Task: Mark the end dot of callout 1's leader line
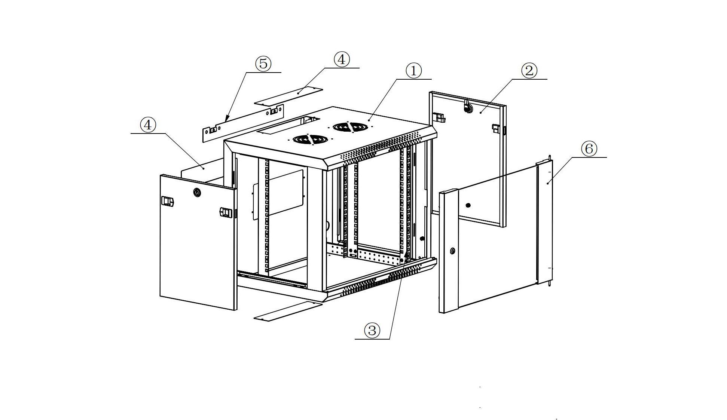(369, 120)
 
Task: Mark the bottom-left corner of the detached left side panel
(160, 297)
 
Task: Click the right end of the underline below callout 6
(607, 157)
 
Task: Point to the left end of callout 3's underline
(355, 339)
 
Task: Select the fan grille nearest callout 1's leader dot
(349, 127)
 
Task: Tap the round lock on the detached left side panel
(197, 193)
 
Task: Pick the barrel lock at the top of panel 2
(467, 107)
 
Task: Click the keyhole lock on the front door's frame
(453, 251)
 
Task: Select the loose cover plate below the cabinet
(288, 311)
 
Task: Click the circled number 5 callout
(263, 64)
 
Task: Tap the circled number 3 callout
(372, 330)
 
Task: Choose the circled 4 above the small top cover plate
(341, 59)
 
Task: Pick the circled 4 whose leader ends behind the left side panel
(148, 125)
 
